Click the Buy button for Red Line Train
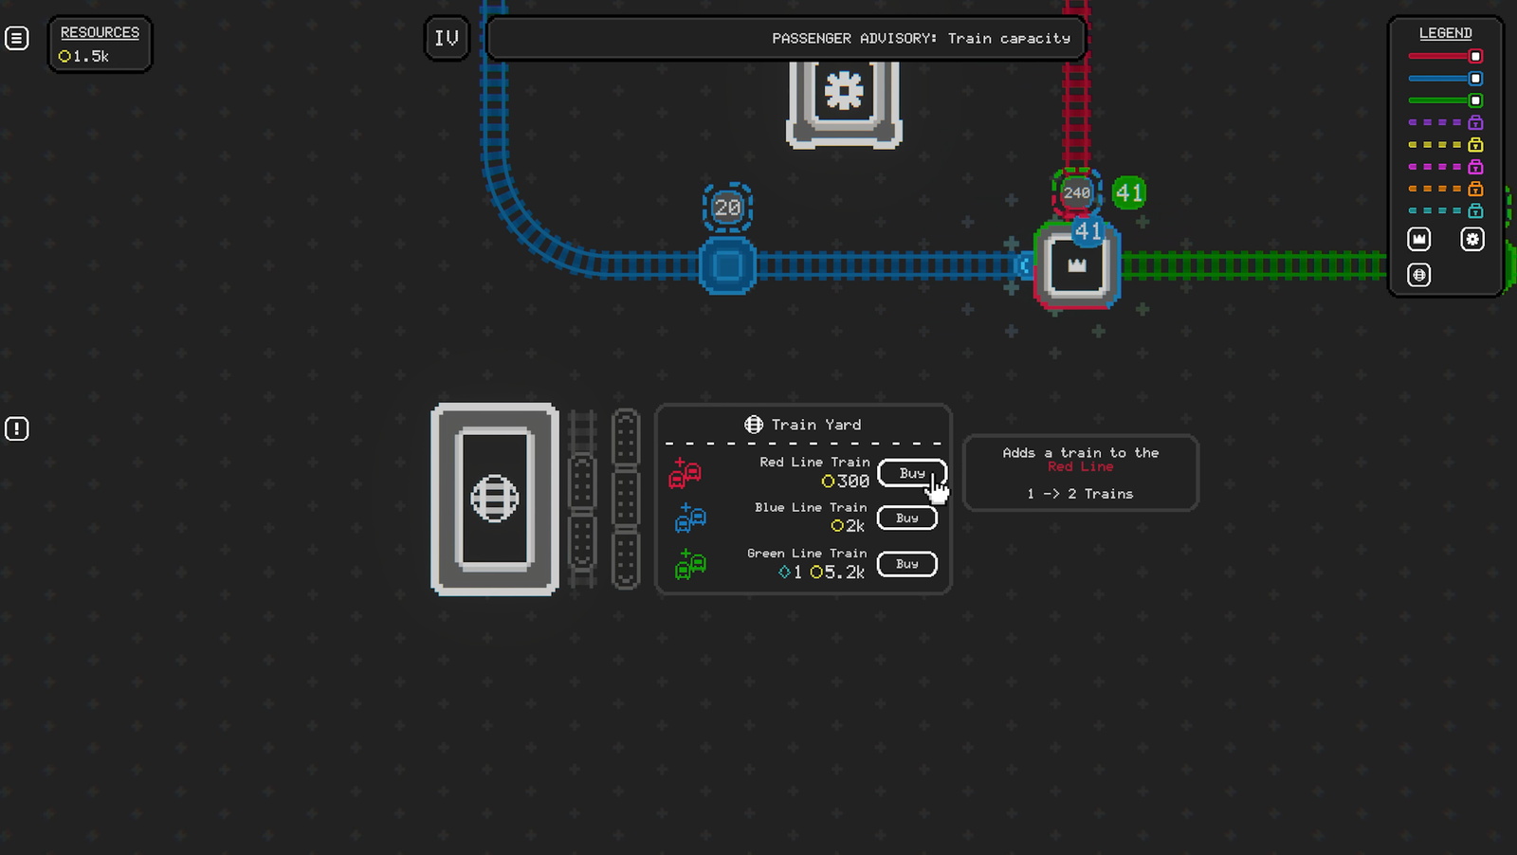(x=911, y=473)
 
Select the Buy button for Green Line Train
(x=906, y=564)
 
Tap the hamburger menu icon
(x=17, y=38)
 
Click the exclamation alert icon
(x=17, y=428)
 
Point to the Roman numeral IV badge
(x=447, y=39)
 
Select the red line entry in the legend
(x=1445, y=56)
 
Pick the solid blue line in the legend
(x=1445, y=79)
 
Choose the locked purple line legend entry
(x=1445, y=122)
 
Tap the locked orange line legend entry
(x=1445, y=189)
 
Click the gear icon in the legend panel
(x=1472, y=239)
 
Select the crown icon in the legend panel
(x=1418, y=239)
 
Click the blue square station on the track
(x=727, y=264)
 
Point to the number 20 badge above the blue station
(x=727, y=208)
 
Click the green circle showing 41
(x=1129, y=193)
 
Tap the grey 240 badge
(x=1076, y=193)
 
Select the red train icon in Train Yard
(x=685, y=472)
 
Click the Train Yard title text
(x=816, y=425)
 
